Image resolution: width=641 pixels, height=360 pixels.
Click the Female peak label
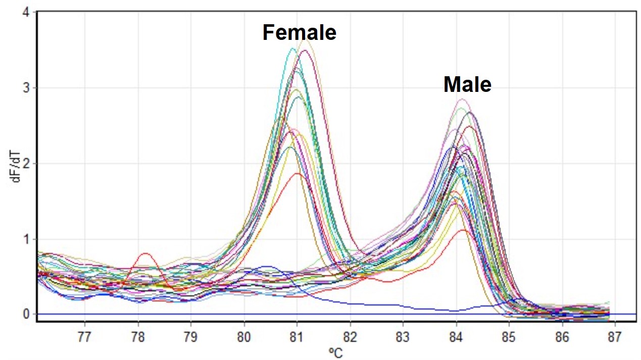coord(299,33)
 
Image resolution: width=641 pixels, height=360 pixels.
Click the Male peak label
coord(467,84)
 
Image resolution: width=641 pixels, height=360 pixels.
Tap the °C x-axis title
coord(335,352)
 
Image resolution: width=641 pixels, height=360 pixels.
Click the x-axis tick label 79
coord(190,337)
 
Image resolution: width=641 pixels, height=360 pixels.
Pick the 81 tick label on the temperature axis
coord(297,337)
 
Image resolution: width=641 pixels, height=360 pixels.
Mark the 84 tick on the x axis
coord(456,337)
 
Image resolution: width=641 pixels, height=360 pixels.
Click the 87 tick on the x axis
coord(615,337)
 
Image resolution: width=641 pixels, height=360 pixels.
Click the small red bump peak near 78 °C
coord(145,253)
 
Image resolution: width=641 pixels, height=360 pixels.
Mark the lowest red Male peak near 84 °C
coord(462,230)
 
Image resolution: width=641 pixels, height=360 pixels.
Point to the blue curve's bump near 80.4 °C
coord(266,266)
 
